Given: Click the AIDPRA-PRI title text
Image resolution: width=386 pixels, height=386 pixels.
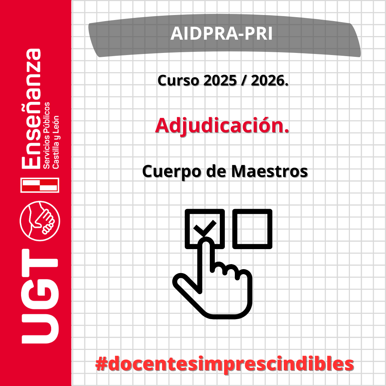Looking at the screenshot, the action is (x=222, y=33).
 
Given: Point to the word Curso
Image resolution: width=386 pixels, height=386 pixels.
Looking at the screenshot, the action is (x=178, y=80).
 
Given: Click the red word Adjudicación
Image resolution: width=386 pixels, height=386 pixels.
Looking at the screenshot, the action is (x=222, y=125).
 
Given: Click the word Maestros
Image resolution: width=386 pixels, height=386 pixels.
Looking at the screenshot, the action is (x=269, y=171).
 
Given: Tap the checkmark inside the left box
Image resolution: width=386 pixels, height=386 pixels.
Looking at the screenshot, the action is (x=205, y=228).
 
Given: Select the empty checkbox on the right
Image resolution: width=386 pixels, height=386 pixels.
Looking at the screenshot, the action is (x=252, y=229).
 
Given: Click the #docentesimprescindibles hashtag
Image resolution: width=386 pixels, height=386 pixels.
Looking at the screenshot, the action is (x=224, y=364).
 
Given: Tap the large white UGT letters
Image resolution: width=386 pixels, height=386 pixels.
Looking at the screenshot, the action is (x=40, y=296).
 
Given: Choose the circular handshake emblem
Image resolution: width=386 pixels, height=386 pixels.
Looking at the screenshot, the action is (x=40, y=221).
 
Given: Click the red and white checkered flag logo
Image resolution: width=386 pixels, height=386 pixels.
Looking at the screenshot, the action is (x=40, y=185).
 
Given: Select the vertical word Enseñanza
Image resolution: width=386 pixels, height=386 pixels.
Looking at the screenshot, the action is (x=31, y=109).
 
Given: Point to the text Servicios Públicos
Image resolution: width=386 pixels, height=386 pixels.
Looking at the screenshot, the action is (x=46, y=135).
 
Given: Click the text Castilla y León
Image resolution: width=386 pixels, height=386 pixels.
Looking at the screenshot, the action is (x=55, y=142).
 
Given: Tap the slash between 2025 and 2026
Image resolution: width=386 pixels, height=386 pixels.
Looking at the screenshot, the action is (x=244, y=80).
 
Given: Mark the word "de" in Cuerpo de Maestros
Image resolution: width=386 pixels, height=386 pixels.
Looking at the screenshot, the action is (x=216, y=171).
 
